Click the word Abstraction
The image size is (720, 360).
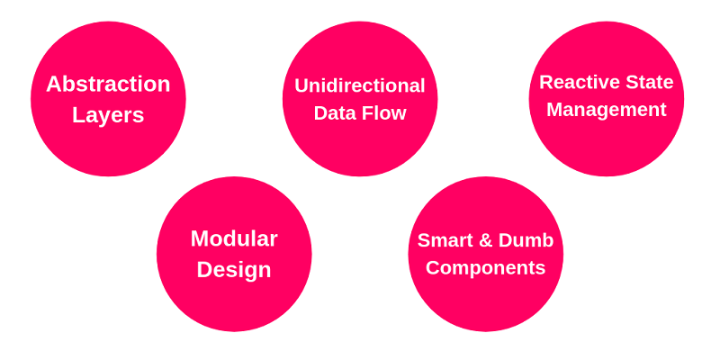click(x=108, y=84)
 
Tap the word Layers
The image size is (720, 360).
click(x=108, y=115)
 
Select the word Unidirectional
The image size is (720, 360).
click(x=359, y=85)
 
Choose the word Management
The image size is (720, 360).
click(x=606, y=110)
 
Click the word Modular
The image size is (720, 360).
click(x=234, y=238)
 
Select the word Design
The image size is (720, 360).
click(x=234, y=270)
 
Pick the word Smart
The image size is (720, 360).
click(x=445, y=240)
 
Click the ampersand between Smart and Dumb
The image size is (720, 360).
click(x=486, y=240)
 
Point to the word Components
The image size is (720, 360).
click(x=485, y=268)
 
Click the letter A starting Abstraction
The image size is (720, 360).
click(x=53, y=84)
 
